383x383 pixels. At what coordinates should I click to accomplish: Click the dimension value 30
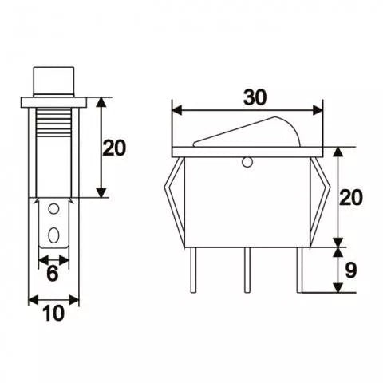click(x=255, y=97)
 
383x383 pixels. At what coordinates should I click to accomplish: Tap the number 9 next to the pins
click(x=350, y=271)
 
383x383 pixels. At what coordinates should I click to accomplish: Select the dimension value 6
click(x=53, y=273)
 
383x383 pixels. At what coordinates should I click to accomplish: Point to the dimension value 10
click(x=54, y=313)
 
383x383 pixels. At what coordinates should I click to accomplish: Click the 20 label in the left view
click(x=114, y=148)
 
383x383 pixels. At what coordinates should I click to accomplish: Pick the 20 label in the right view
click(x=351, y=197)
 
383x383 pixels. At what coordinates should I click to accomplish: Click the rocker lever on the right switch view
click(x=247, y=132)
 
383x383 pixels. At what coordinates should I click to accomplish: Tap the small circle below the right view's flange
click(x=247, y=162)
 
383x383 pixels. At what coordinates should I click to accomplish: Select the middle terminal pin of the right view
click(x=247, y=270)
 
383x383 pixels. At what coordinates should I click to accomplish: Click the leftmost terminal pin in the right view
click(x=194, y=270)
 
